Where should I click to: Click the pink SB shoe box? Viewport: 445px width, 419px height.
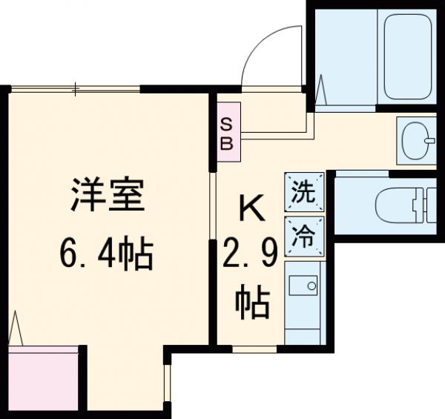click(228, 133)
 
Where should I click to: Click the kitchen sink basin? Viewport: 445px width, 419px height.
click(303, 286)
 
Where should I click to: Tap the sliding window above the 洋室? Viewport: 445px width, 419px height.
click(75, 89)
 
